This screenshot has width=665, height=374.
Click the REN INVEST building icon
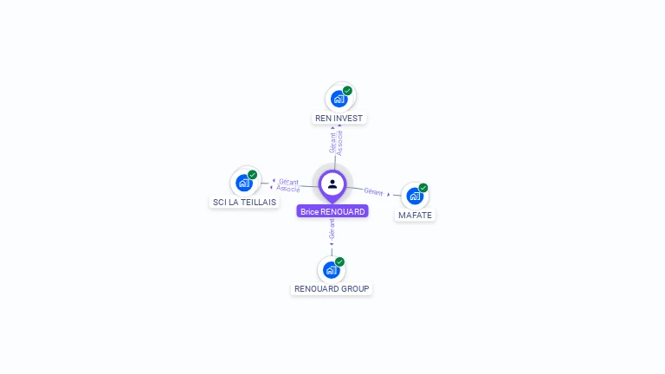point(339,99)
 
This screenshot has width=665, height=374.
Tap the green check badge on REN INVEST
point(347,90)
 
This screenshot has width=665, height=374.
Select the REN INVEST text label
point(339,118)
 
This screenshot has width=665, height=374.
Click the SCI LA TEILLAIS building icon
point(244,183)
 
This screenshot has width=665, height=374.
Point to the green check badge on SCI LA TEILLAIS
point(253,174)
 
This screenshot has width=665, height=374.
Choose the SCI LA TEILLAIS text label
point(244,202)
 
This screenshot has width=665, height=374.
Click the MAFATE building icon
point(415,196)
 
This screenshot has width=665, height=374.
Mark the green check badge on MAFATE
point(423,187)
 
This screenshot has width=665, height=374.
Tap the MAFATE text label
point(415,215)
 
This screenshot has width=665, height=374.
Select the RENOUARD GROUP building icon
point(331,270)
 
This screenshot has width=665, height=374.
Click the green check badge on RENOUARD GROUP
point(339,261)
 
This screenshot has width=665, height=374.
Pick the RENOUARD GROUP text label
point(332,289)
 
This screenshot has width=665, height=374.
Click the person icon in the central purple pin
point(332,184)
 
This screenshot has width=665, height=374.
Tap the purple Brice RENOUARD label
point(332,211)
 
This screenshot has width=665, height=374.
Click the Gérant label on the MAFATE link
point(373,191)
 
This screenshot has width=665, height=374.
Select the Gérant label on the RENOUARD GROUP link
point(332,229)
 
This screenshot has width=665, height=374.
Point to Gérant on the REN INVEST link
point(332,142)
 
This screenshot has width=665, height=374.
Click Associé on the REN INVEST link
point(339,142)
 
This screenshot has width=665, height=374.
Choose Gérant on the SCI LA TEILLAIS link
point(289,181)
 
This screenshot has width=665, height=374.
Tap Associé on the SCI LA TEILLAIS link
point(288,188)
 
